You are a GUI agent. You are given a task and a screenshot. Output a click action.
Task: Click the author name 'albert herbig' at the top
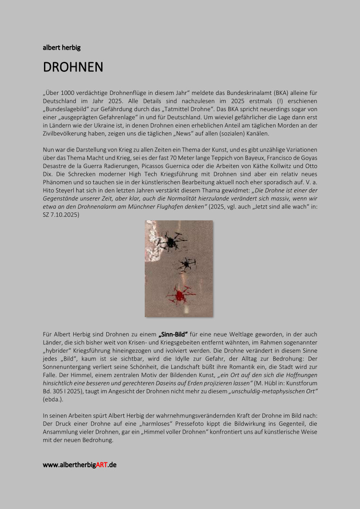pyautogui.click(x=61, y=47)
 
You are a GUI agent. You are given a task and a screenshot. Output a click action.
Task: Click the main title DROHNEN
pyautogui.click(x=73, y=67)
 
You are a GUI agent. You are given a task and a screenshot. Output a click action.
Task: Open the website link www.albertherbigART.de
pyautogui.click(x=79, y=465)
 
